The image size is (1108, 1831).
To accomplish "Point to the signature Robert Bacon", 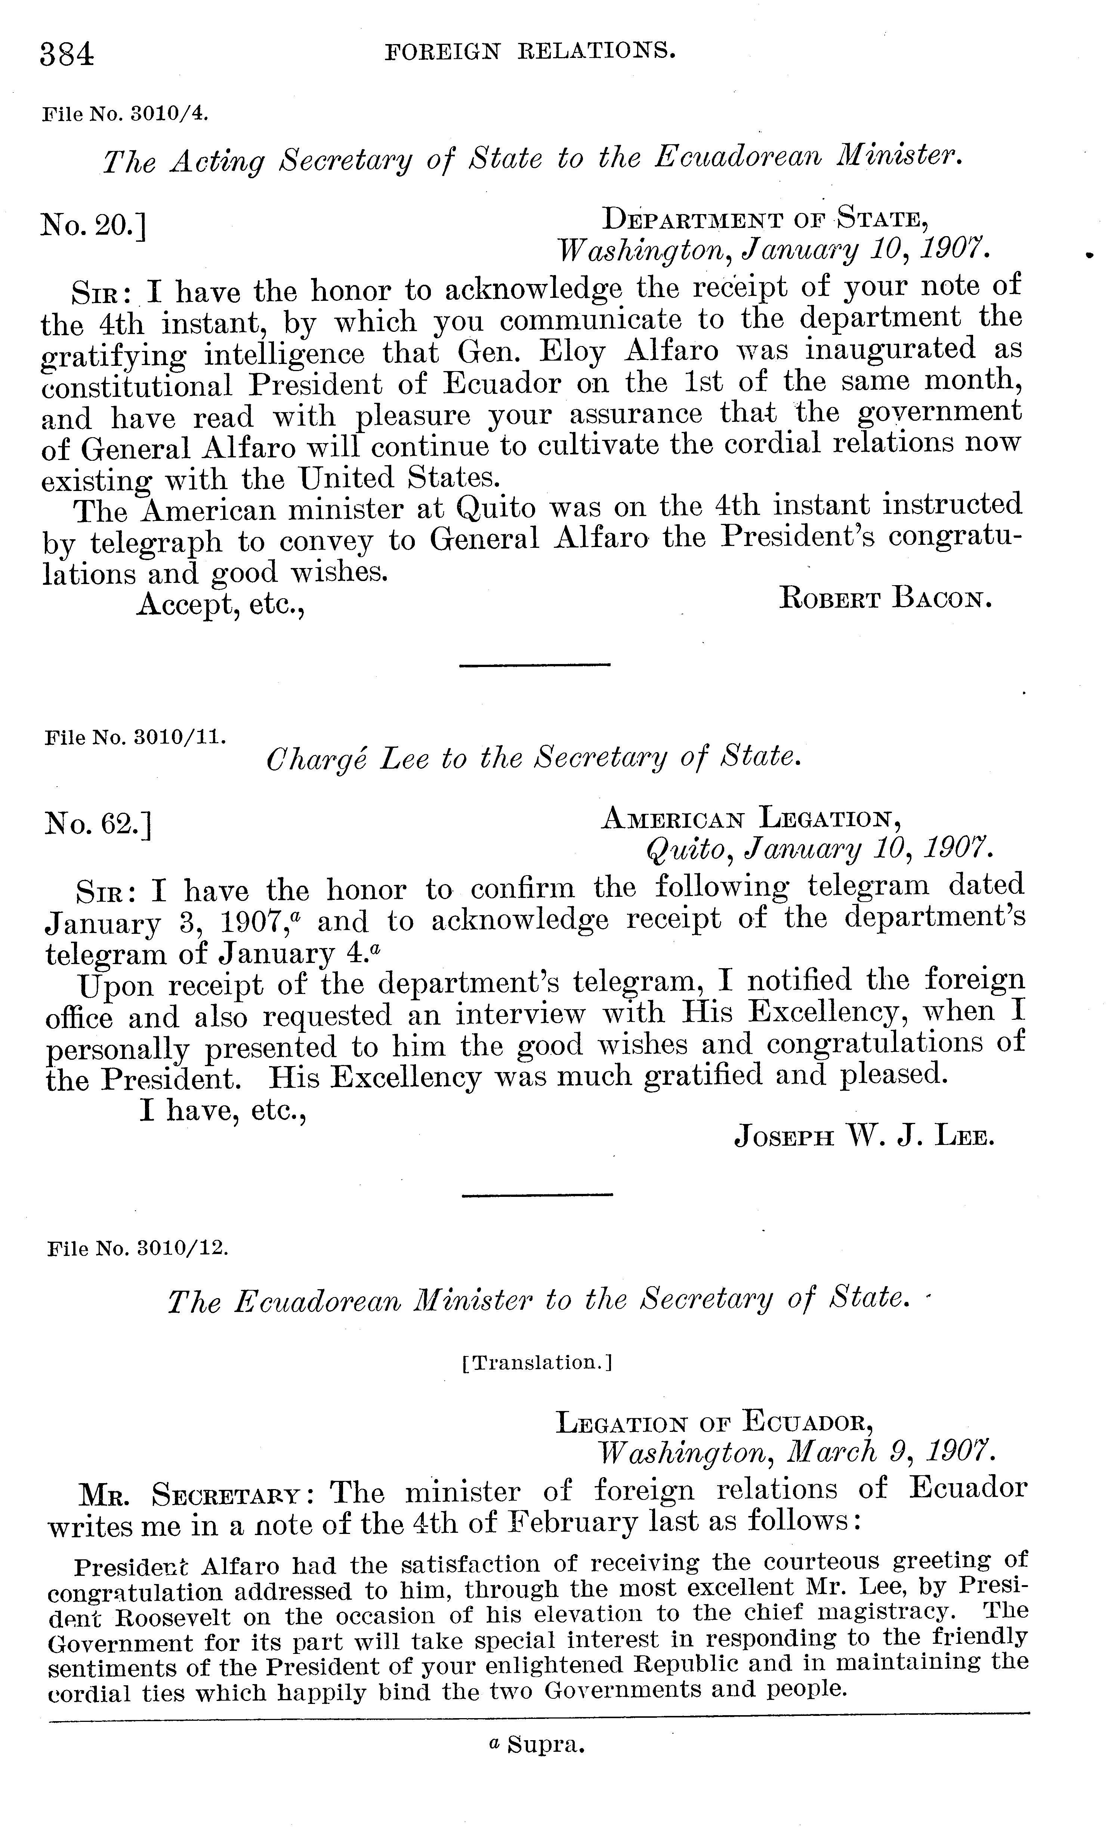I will tap(885, 598).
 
